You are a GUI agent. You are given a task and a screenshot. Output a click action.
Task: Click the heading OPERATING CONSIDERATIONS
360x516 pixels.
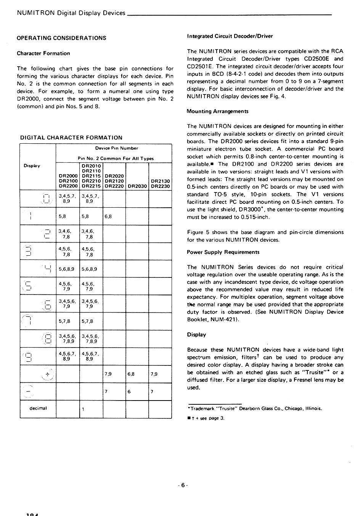(x=61, y=38)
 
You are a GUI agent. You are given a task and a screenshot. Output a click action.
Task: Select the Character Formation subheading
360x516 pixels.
(x=43, y=53)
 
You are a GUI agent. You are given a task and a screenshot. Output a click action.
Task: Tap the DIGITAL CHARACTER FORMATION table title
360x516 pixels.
(x=71, y=138)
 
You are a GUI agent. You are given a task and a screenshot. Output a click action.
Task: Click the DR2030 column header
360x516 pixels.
(x=137, y=186)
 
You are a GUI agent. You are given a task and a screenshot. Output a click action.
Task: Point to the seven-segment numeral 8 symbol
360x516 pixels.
(x=48, y=338)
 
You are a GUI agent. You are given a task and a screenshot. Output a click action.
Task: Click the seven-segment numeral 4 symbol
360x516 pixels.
(x=48, y=269)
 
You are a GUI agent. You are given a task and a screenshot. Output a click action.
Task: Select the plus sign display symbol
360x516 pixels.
(x=47, y=374)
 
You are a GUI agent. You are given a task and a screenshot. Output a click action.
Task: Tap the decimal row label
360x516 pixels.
(x=38, y=408)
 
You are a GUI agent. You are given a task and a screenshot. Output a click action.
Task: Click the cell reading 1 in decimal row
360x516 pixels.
(x=83, y=409)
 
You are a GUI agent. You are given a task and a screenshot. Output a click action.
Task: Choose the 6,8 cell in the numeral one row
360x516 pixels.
(x=108, y=216)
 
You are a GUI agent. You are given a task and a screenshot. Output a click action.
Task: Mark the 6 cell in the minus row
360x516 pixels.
(x=129, y=391)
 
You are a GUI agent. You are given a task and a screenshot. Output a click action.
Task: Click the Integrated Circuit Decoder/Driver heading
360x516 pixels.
(x=230, y=36)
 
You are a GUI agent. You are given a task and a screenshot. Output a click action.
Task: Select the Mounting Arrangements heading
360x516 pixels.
(x=218, y=111)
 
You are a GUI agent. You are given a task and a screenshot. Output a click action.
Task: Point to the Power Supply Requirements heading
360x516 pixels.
(x=223, y=252)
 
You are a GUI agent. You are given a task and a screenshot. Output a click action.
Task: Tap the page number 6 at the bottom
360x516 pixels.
(x=183, y=485)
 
